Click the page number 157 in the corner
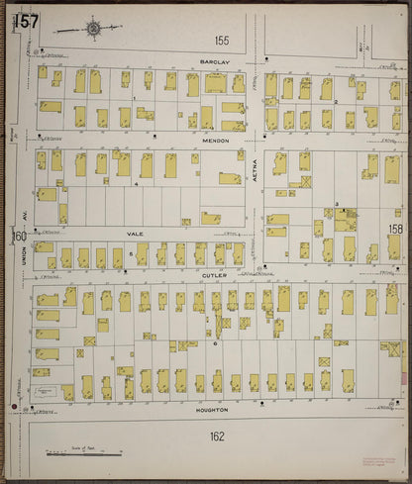(28, 21)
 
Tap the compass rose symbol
(93, 29)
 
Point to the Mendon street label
(217, 141)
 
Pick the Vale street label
(135, 235)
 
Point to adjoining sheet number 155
(220, 41)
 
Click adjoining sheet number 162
(216, 436)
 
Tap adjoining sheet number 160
(20, 236)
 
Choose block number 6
(215, 343)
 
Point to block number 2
(337, 102)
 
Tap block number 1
(135, 99)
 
